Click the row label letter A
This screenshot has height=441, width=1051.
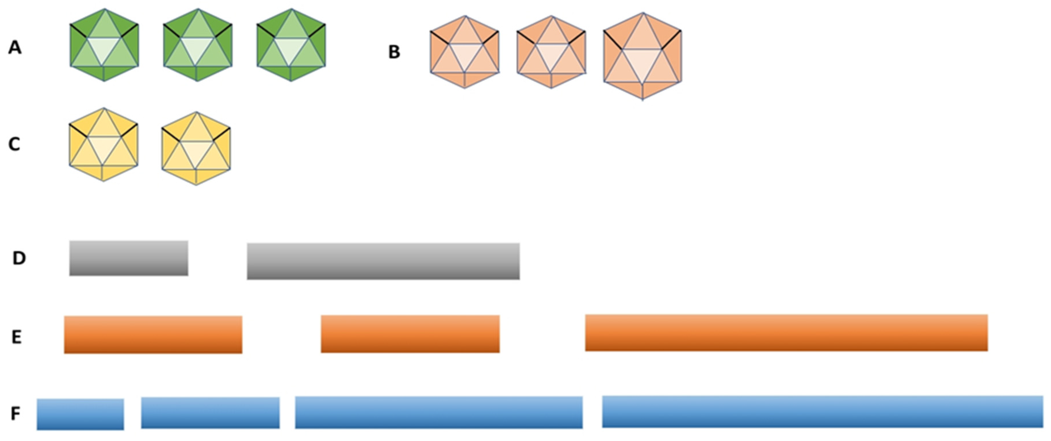[x=15, y=47]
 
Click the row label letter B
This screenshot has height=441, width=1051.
[x=394, y=52]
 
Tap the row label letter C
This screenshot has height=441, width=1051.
[x=14, y=144]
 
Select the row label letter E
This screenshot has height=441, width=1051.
[x=16, y=337]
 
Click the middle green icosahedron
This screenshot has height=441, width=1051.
[x=198, y=45]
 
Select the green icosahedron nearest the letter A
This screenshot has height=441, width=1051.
[x=105, y=45]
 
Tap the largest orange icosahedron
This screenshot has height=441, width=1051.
[x=643, y=56]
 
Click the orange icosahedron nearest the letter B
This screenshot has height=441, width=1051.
[x=465, y=52]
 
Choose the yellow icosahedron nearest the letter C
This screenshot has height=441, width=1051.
[x=104, y=144]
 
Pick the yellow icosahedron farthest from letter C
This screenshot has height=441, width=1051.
[x=196, y=148]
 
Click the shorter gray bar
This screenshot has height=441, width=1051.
[x=128, y=258]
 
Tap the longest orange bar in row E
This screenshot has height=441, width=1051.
[x=786, y=333]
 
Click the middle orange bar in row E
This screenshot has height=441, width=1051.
[x=410, y=334]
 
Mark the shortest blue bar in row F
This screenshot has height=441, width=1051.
[x=80, y=414]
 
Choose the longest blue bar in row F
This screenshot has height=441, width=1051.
[x=823, y=412]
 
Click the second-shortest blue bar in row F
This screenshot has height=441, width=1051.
[x=211, y=413]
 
